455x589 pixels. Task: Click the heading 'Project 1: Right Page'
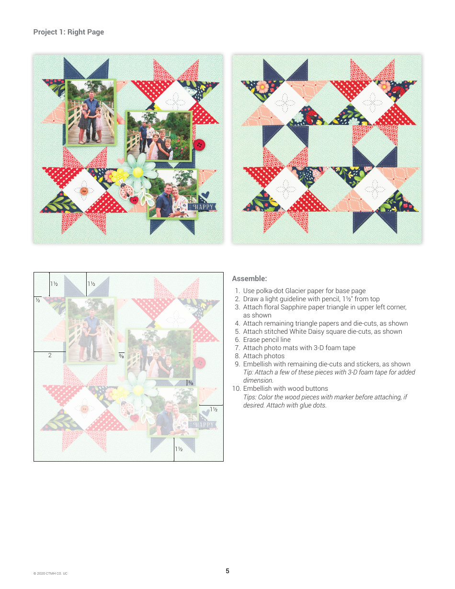(x=68, y=32)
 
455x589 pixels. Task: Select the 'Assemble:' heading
(x=249, y=279)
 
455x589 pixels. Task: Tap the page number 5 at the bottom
(x=227, y=571)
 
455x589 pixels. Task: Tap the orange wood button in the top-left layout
(x=84, y=191)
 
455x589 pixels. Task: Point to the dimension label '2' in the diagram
(x=50, y=355)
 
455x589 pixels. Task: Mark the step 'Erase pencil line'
(x=266, y=340)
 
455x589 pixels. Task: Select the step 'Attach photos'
(x=263, y=356)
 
